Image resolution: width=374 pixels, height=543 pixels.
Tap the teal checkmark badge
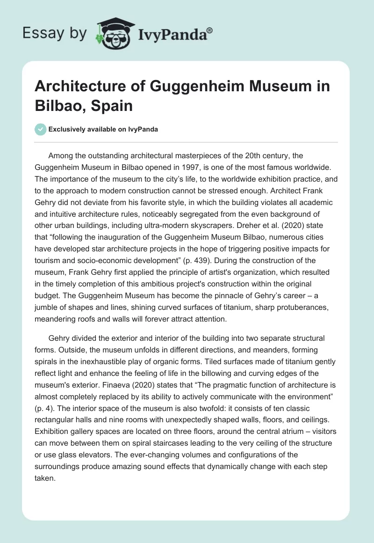41,130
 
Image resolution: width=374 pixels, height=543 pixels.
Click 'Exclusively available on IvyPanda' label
103,130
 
